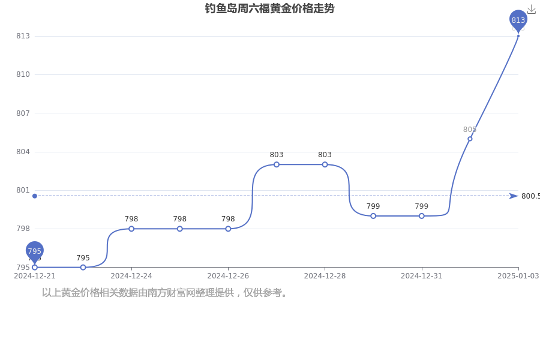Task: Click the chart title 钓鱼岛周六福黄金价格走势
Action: coord(269,8)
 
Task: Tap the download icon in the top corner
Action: coord(532,10)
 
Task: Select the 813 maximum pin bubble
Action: coord(518,20)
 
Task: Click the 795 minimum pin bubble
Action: coord(34,251)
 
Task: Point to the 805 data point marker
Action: coord(470,139)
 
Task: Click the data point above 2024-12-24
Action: coord(131,229)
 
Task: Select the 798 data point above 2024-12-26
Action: coord(228,229)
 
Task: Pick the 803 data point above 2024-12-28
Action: coord(325,164)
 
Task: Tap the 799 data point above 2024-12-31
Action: coord(422,216)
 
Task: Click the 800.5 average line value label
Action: coord(530,196)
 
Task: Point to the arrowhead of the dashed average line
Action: coord(514,196)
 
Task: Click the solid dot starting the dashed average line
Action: coord(35,196)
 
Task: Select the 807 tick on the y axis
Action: coord(23,113)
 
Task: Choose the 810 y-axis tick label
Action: coord(23,74)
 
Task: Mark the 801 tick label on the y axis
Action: coord(23,190)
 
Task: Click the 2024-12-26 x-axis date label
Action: coord(228,276)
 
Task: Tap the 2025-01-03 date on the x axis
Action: coord(518,276)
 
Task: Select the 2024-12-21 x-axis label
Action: coord(34,276)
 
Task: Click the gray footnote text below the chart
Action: coord(164,293)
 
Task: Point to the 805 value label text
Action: coord(470,130)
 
